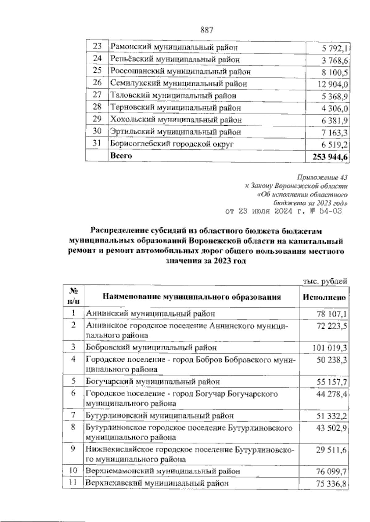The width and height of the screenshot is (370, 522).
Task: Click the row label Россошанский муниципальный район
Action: point(180,72)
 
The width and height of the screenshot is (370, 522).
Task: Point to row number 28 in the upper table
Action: point(97,107)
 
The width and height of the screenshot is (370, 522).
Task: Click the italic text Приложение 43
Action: point(322,178)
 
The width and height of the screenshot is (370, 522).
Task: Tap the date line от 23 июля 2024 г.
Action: point(284,211)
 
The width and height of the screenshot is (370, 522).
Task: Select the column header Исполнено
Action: point(324,297)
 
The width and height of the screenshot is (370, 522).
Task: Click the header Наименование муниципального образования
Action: point(191,297)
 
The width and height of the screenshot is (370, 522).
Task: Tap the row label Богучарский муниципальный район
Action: point(153,381)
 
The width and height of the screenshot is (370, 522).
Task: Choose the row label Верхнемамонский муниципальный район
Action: point(163,471)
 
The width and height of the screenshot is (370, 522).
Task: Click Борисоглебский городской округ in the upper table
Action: point(172,144)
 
